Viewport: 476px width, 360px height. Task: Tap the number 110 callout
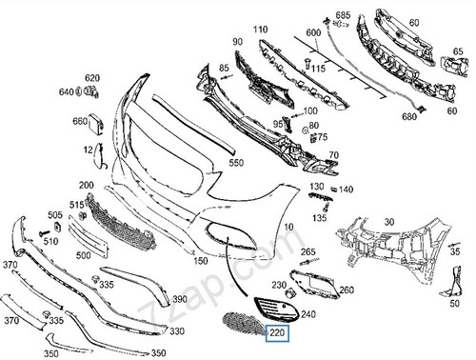tap(260, 30)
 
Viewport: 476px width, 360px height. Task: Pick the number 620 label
tap(91, 78)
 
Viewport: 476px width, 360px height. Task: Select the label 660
tap(80, 121)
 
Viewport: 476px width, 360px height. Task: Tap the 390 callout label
tap(179, 299)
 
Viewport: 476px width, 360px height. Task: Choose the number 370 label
tap(10, 264)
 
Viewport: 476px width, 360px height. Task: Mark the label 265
tap(307, 251)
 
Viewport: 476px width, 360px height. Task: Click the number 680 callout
tap(410, 116)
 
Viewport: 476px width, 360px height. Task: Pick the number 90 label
tap(236, 44)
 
